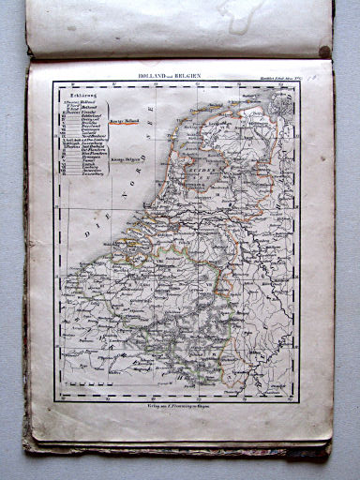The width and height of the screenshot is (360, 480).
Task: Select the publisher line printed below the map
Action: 182,406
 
